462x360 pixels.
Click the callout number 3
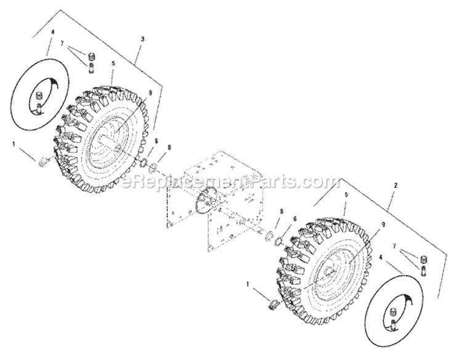pyautogui.click(x=143, y=39)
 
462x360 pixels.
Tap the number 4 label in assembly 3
pyautogui.click(x=53, y=31)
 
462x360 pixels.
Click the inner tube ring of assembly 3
pyautogui.click(x=24, y=99)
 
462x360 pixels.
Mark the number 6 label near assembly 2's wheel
pyautogui.click(x=294, y=219)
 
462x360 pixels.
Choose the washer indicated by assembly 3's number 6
pyautogui.click(x=142, y=163)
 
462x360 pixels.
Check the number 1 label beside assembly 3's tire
pyautogui.click(x=14, y=144)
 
